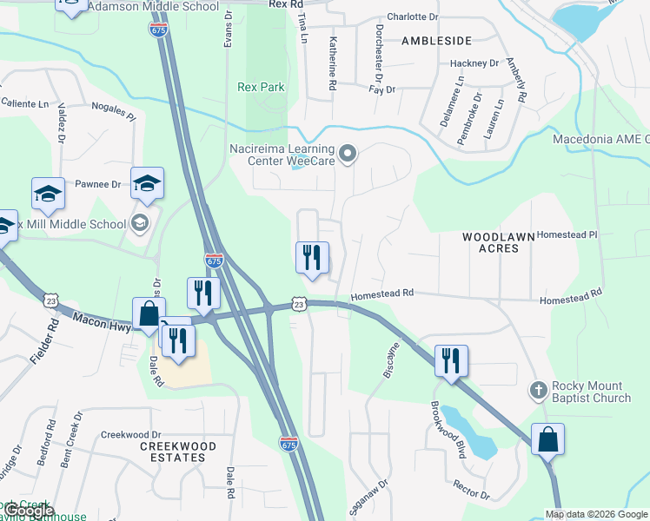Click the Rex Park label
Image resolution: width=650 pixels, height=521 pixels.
261,87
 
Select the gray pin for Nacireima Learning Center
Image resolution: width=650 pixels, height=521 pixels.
348,155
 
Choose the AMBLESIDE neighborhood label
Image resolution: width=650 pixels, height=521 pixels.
436,41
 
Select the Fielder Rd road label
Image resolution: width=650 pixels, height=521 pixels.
54,336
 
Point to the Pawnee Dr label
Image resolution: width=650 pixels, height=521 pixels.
97,184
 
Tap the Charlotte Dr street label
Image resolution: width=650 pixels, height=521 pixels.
413,16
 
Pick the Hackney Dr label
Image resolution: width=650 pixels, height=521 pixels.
474,63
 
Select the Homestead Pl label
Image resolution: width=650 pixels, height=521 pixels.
567,234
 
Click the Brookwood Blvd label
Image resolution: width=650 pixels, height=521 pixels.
444,429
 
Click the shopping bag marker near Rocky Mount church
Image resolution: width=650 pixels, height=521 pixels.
548,439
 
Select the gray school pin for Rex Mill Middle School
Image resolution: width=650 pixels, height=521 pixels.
139,224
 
